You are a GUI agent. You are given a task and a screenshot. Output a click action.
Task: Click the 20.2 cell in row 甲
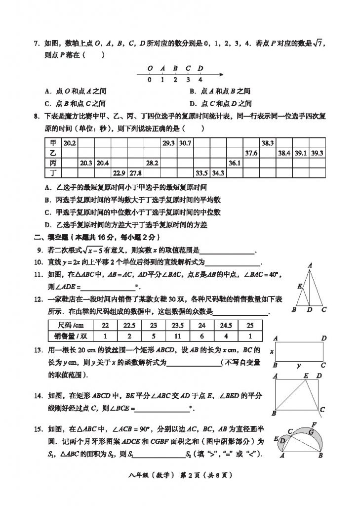(70, 143)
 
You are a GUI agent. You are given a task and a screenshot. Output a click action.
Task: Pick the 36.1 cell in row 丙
(234, 163)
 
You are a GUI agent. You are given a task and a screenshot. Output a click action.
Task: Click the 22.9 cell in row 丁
(119, 173)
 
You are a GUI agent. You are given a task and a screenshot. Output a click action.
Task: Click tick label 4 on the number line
(200, 80)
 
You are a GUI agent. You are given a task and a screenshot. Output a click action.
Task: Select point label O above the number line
(150, 68)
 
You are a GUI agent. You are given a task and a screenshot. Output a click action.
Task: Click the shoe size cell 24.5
(226, 326)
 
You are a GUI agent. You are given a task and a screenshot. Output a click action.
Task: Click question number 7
(36, 44)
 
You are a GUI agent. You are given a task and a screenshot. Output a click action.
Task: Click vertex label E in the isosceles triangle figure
(299, 286)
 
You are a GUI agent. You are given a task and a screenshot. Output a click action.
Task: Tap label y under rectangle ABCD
(299, 366)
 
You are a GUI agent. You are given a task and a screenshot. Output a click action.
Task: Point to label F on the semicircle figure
(315, 424)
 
